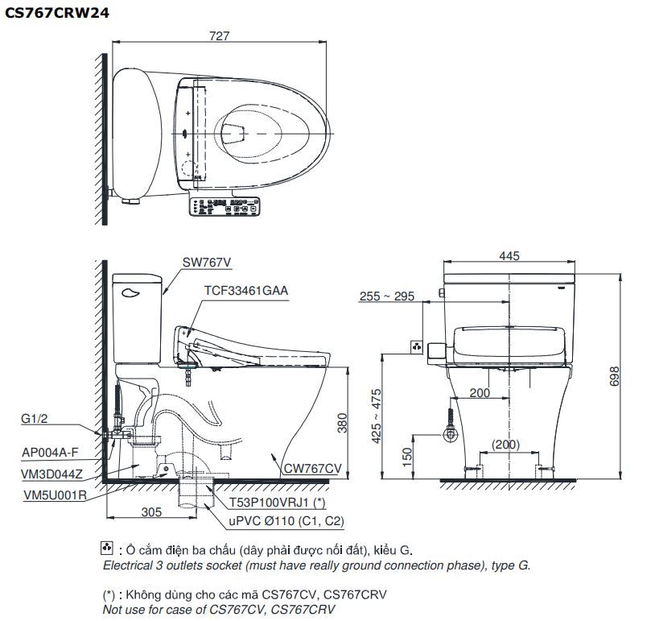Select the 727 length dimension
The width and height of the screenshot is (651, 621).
pyautogui.click(x=219, y=36)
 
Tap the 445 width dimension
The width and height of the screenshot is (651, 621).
pyautogui.click(x=509, y=256)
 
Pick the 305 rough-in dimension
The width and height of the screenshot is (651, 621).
pyautogui.click(x=150, y=511)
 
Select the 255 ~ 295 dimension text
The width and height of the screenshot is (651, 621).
pyautogui.click(x=387, y=296)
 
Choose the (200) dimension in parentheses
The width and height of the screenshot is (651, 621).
pyautogui.click(x=507, y=445)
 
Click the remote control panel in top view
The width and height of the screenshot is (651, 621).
pyautogui.click(x=226, y=208)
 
